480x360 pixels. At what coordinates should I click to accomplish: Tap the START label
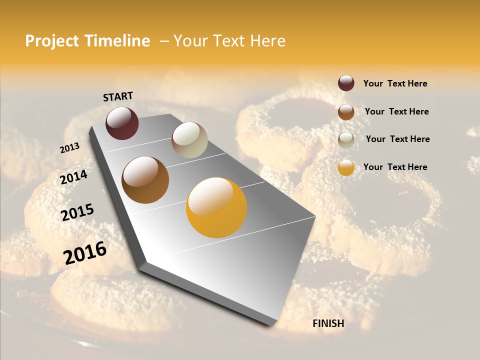pos(118,96)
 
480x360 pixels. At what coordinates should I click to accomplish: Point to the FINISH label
pos(328,323)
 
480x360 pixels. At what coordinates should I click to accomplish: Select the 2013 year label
pos(70,147)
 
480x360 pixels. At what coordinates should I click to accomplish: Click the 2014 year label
pos(73,177)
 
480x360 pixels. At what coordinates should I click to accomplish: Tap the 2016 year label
pos(85,252)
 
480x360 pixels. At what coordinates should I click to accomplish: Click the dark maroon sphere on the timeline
pos(122,123)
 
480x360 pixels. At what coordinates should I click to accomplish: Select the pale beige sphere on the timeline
pos(189,140)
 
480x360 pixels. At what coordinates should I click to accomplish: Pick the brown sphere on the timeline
pos(145,180)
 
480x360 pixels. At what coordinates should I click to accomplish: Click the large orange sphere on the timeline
pos(216,207)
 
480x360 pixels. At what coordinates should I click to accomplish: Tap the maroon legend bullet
pos(346,83)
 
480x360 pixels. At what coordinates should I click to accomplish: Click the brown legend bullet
pos(346,111)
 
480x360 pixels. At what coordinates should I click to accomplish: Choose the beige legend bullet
pos(346,139)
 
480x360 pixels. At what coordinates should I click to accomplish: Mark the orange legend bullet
pos(346,167)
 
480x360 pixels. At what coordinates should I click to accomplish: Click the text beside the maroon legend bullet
pos(395,84)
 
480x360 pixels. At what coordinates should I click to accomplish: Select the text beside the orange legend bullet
pos(395,167)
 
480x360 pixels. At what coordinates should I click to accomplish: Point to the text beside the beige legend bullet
pos(397,139)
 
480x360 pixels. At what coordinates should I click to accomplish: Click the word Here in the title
pos(268,41)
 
